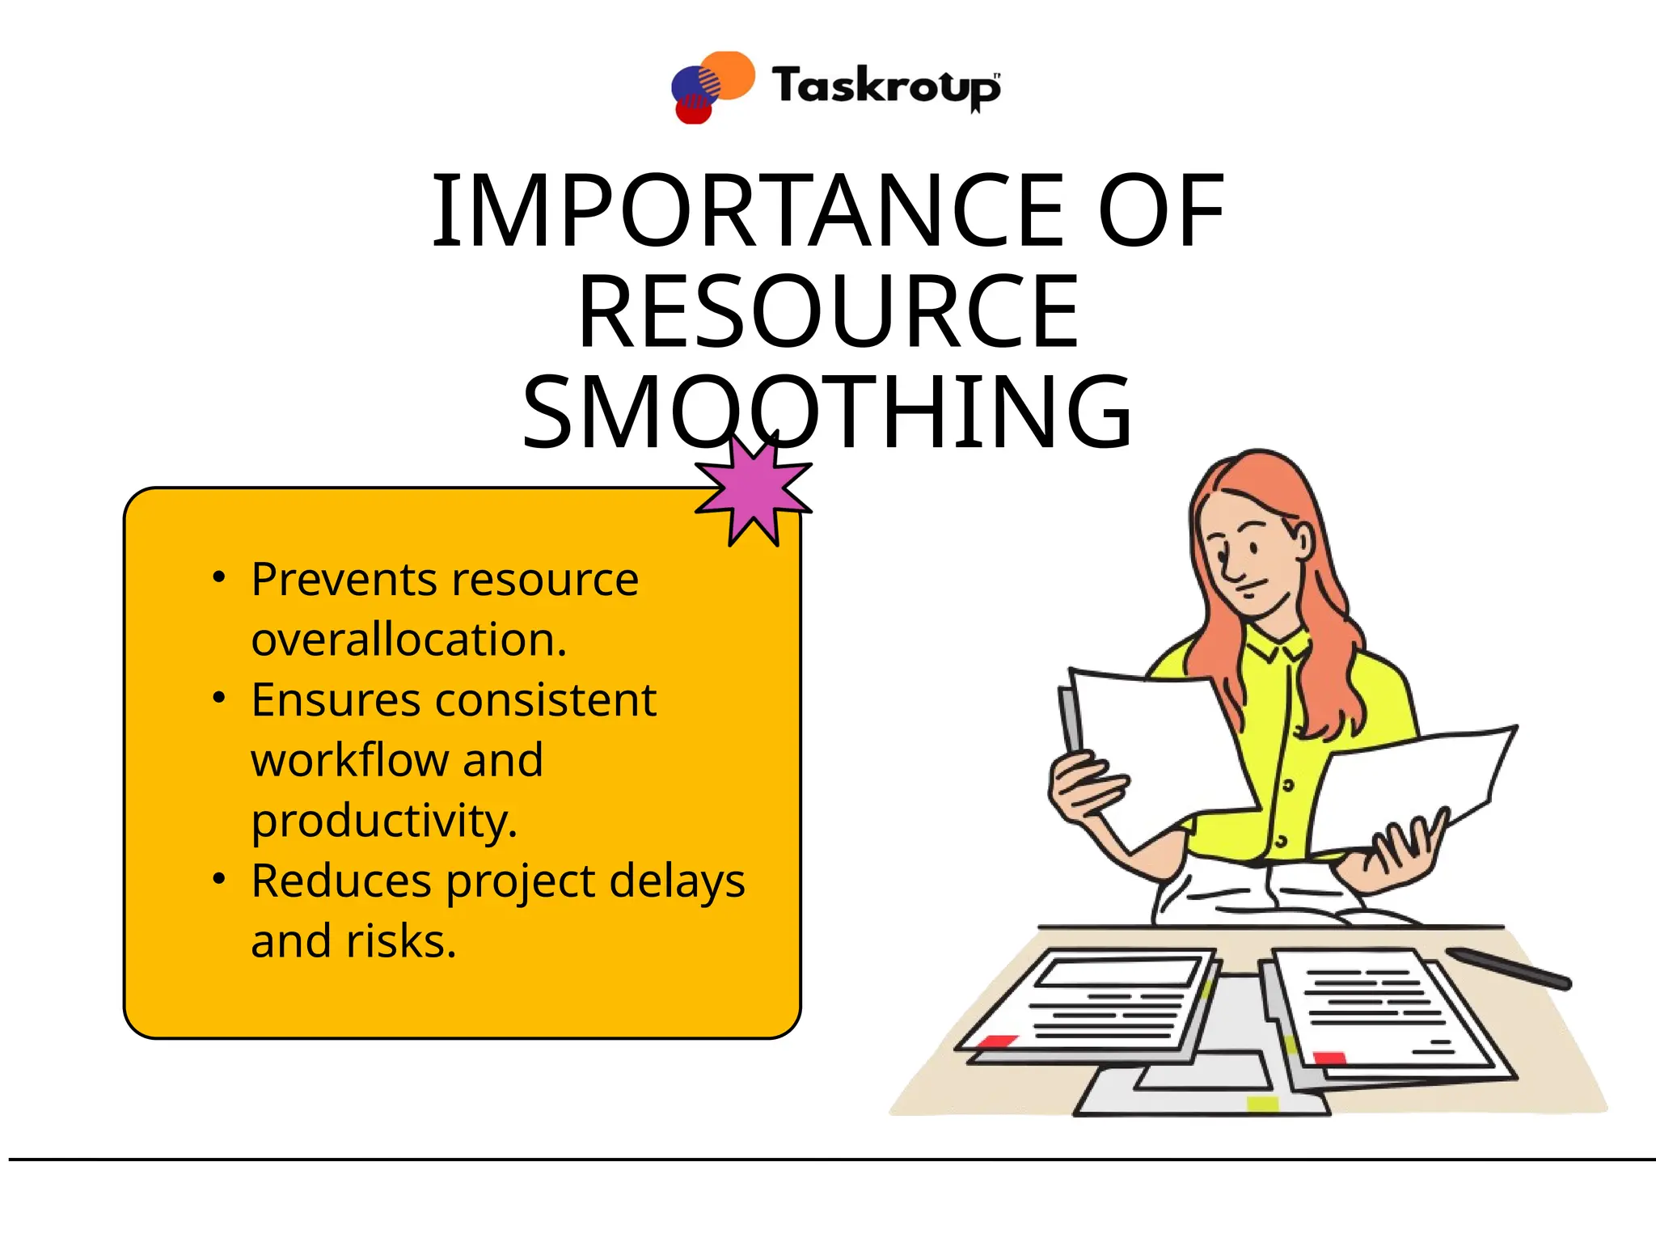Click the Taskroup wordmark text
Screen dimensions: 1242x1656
pyautogui.click(x=886, y=87)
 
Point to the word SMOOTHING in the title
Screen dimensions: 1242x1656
pyautogui.click(x=828, y=412)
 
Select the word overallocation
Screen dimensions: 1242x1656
pyautogui.click(x=409, y=640)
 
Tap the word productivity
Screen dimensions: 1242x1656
pyautogui.click(x=384, y=821)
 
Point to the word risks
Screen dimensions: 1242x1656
pyautogui.click(x=401, y=941)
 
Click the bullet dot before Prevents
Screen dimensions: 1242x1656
pyautogui.click(x=218, y=578)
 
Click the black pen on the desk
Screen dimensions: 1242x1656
pyautogui.click(x=1509, y=968)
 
